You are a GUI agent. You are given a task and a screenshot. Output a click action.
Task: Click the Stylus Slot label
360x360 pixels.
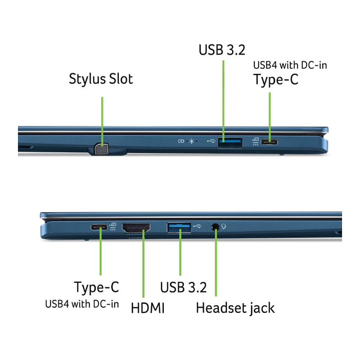click(x=101, y=79)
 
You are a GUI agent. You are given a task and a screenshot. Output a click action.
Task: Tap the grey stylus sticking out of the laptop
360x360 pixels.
click(x=101, y=149)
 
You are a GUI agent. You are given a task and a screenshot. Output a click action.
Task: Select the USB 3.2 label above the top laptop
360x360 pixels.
click(x=222, y=49)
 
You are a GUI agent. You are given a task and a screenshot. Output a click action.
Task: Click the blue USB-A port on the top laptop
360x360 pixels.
click(x=230, y=143)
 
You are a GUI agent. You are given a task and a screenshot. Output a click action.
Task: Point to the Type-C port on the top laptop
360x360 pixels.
click(x=269, y=142)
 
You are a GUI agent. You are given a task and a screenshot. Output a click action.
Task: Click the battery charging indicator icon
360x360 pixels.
click(x=181, y=141)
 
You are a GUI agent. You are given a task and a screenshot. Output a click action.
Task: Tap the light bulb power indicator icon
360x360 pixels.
click(x=192, y=141)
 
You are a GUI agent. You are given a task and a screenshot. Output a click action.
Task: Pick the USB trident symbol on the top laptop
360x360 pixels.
click(x=211, y=141)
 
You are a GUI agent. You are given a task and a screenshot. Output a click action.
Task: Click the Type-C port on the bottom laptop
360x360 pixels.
click(x=99, y=227)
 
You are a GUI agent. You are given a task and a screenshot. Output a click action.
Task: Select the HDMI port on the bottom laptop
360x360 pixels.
click(x=136, y=228)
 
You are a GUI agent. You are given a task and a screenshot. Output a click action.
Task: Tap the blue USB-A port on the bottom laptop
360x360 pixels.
click(x=179, y=228)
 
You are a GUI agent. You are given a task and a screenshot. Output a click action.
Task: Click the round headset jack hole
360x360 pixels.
click(x=215, y=227)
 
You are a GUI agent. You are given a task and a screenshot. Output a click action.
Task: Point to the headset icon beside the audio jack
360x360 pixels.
click(x=224, y=227)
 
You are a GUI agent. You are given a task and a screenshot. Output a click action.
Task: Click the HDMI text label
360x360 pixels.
click(x=148, y=308)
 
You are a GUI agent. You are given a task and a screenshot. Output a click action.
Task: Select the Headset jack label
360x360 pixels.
click(x=235, y=308)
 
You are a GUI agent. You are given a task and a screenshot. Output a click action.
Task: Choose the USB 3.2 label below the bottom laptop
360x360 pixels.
click(x=184, y=287)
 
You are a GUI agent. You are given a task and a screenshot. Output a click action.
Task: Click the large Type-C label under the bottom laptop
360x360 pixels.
click(x=96, y=287)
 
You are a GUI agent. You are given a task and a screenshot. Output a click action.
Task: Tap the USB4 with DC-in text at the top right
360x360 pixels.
click(x=290, y=65)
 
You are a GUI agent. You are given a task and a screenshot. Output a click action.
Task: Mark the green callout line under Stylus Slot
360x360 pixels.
click(x=102, y=121)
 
